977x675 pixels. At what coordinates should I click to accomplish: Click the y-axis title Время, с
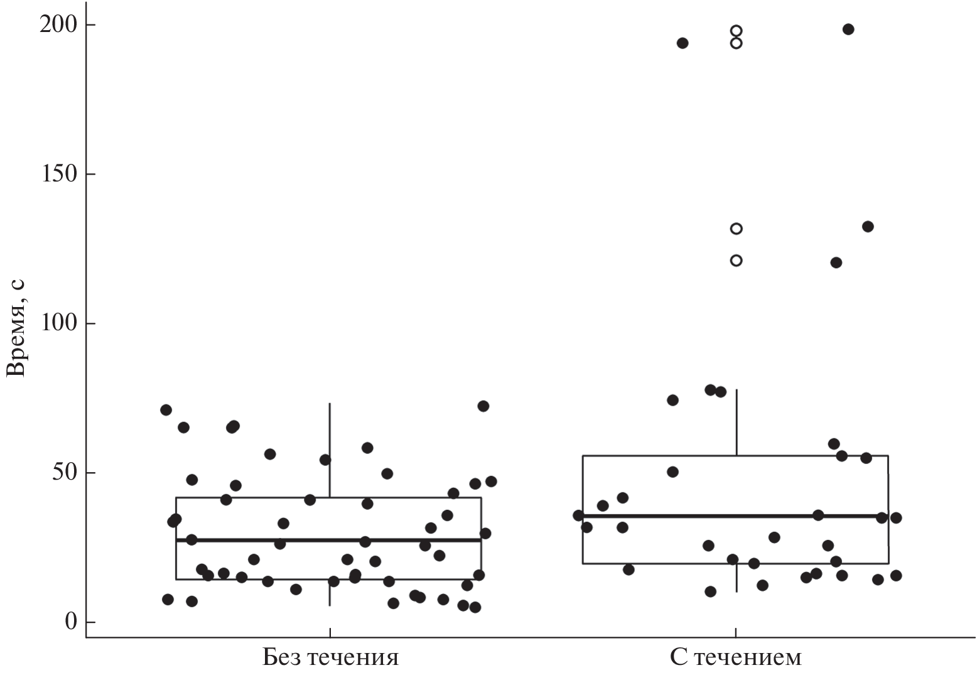16,327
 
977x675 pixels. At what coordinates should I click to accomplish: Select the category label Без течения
330,657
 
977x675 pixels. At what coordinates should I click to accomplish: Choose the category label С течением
735,657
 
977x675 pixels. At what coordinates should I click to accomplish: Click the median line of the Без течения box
328,539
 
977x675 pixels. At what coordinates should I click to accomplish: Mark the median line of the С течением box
735,516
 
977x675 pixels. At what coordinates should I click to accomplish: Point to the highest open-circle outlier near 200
737,31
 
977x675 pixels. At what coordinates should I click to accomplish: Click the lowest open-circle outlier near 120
737,260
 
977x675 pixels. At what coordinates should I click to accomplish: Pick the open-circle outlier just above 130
737,229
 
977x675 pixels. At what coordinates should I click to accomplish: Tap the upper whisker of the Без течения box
330,450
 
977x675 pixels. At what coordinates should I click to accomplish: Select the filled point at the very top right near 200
848,30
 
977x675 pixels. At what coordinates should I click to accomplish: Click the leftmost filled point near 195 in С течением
683,43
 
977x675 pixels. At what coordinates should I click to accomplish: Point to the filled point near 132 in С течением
868,227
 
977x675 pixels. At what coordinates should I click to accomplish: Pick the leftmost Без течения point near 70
166,410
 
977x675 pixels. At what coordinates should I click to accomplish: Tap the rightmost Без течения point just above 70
483,406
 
